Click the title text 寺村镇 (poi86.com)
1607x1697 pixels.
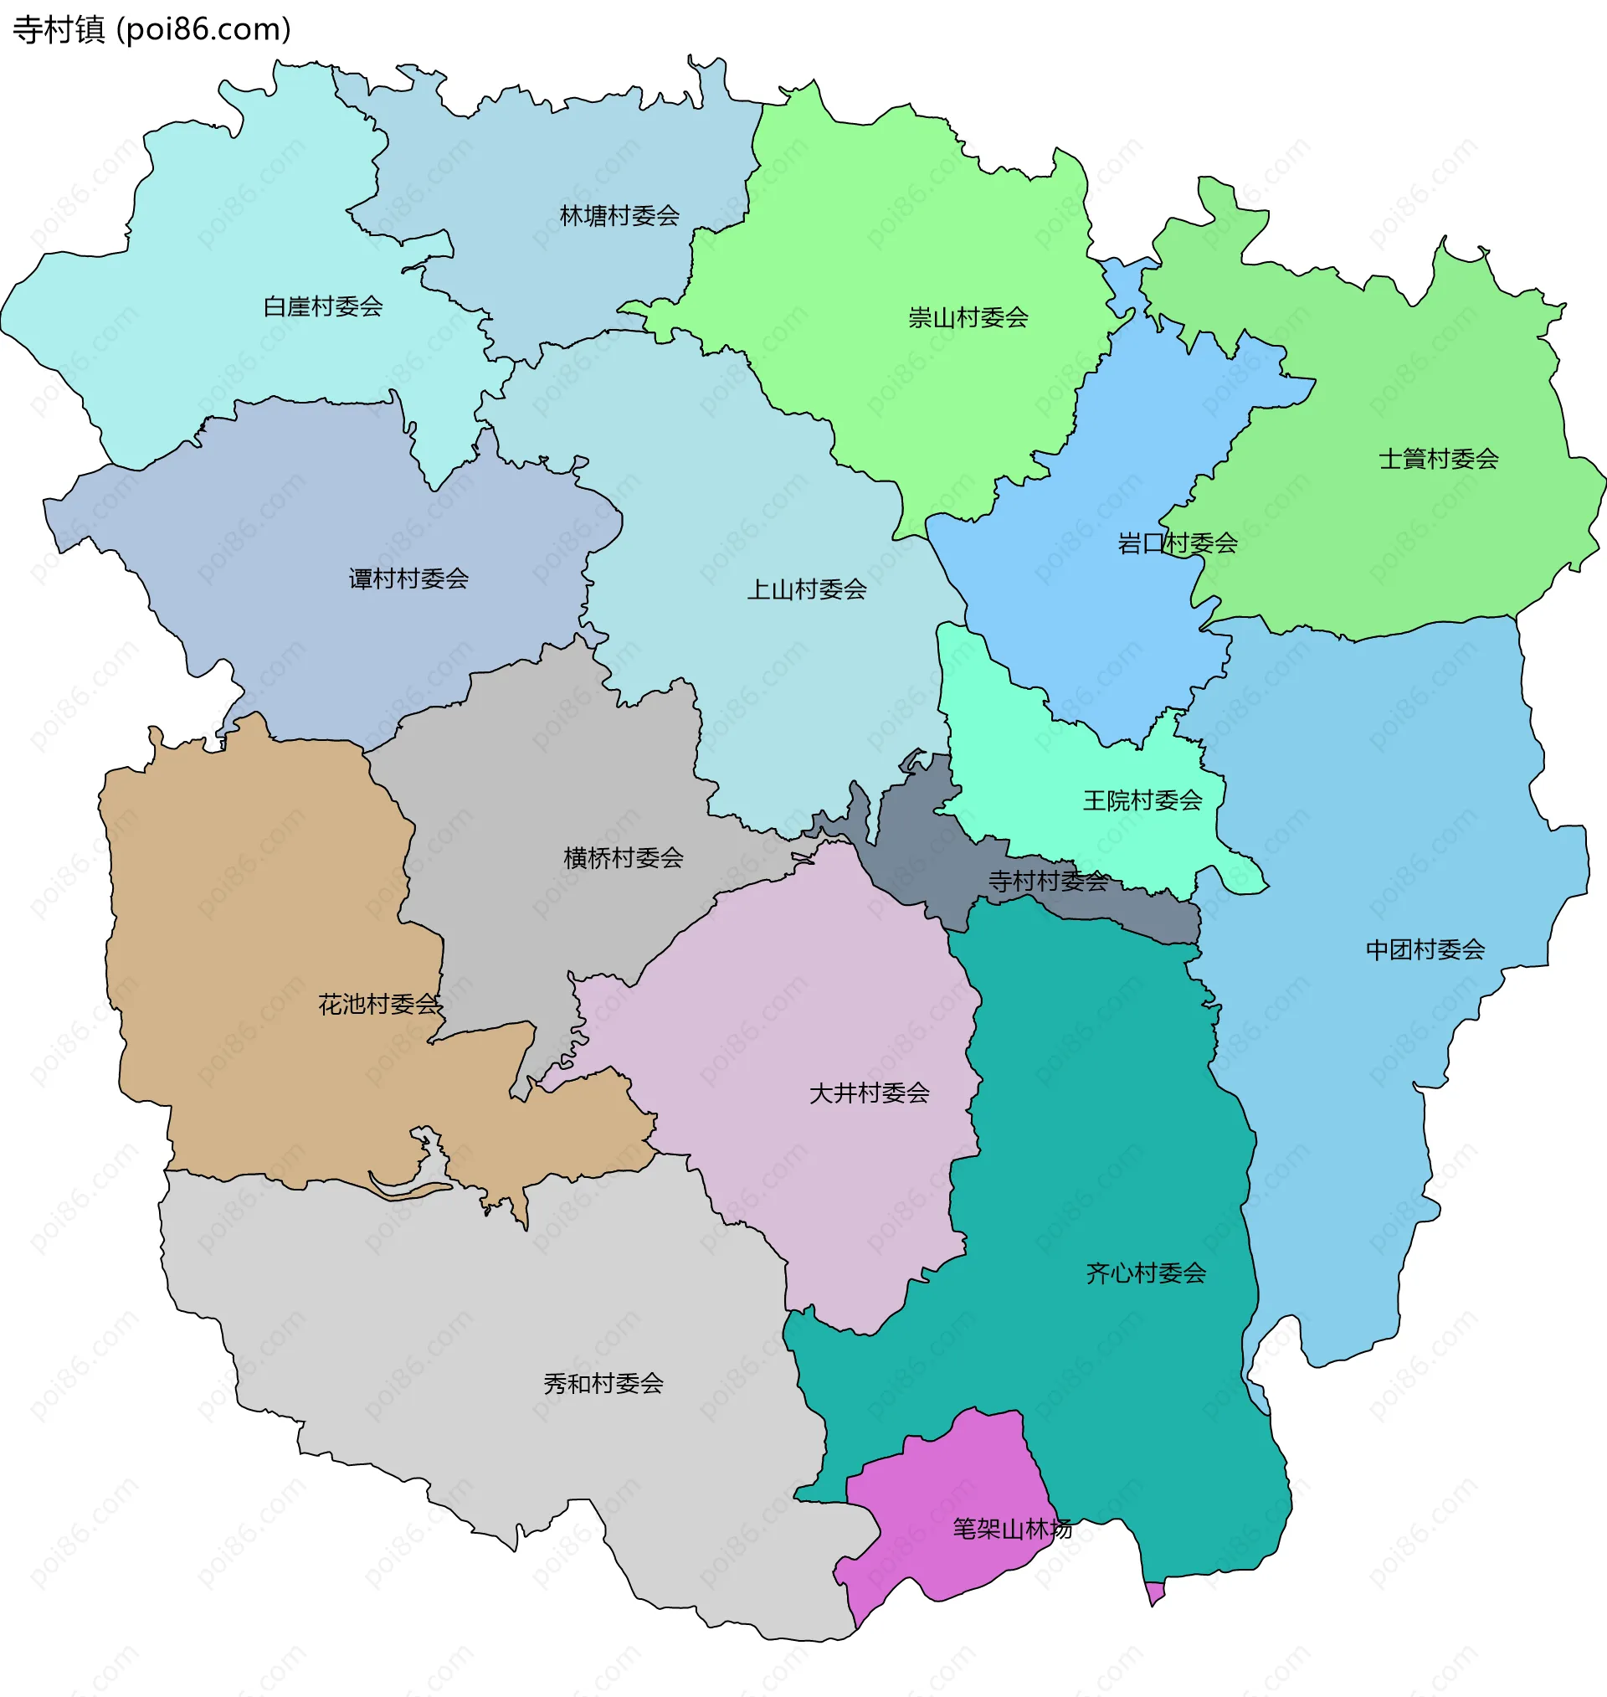click(151, 30)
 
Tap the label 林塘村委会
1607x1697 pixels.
click(619, 216)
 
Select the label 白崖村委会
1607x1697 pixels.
click(322, 306)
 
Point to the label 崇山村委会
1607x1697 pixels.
click(968, 318)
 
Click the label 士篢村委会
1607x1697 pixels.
click(1438, 459)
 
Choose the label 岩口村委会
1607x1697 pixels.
click(1177, 543)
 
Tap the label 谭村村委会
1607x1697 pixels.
click(408, 579)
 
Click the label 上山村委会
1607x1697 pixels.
click(806, 589)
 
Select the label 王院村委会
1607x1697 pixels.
click(1142, 801)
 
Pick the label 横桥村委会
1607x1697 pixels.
click(623, 857)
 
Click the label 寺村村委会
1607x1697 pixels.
click(1048, 881)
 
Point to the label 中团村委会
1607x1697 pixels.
click(1425, 949)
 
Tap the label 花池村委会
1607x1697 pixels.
click(379, 1004)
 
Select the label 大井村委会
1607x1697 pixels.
click(869, 1093)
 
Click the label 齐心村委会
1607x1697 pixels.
click(1145, 1273)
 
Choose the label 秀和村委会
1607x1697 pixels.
click(603, 1384)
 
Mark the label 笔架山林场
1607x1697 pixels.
click(1012, 1529)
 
